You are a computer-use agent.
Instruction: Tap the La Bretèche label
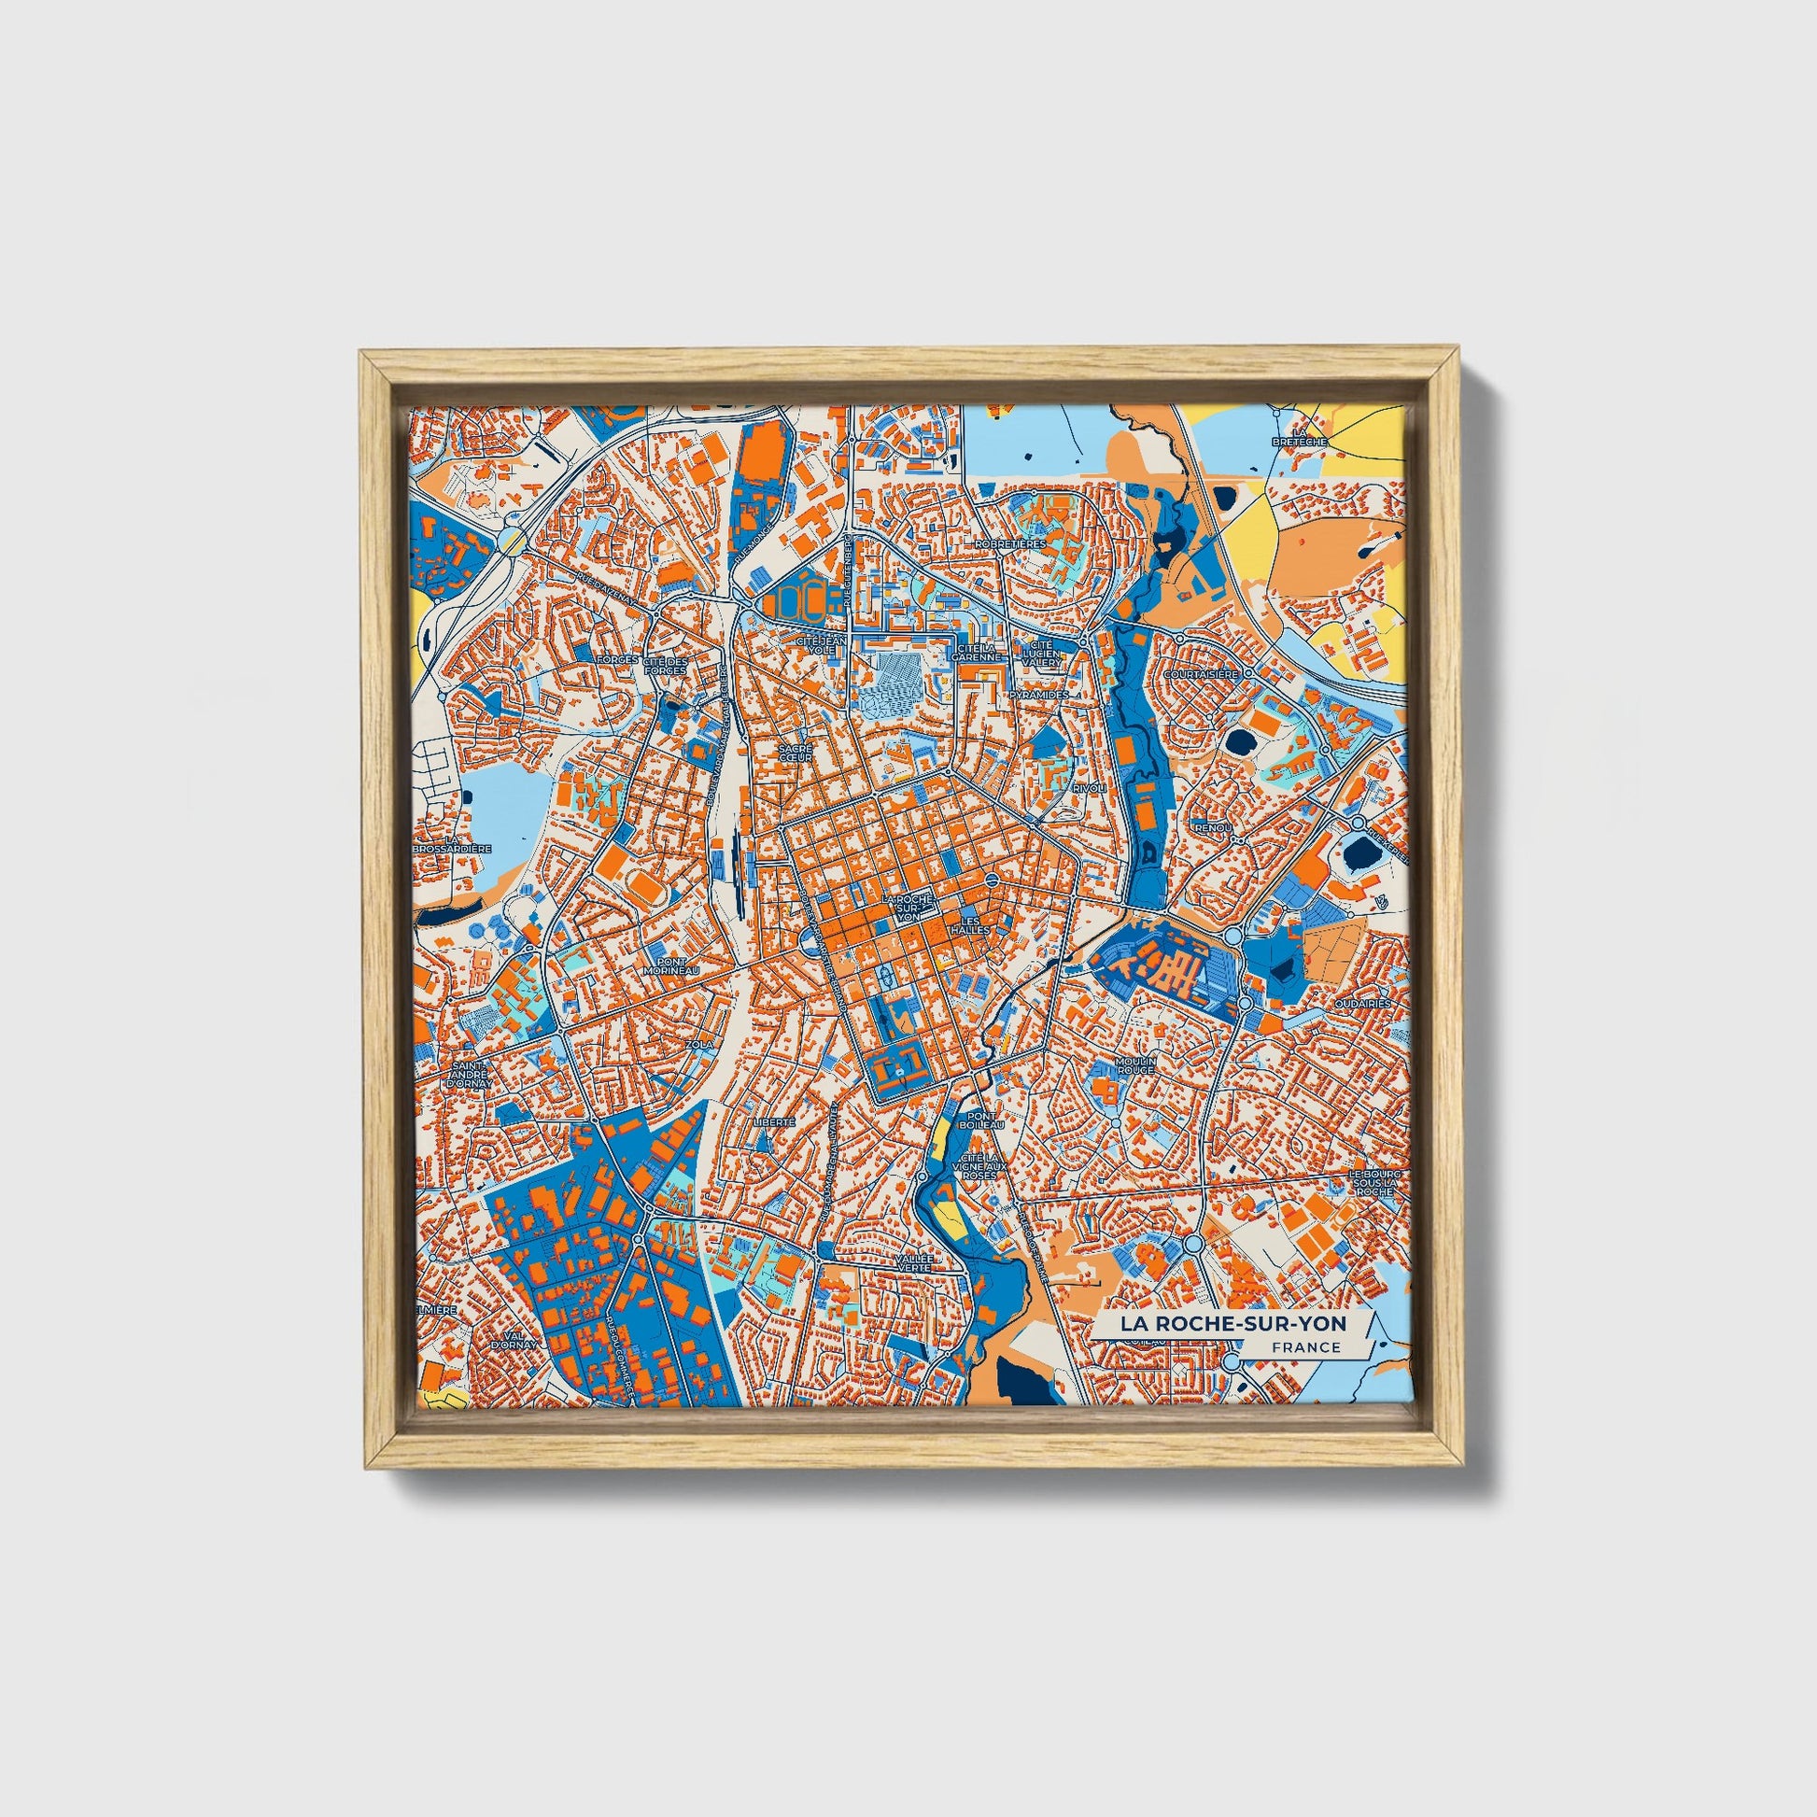click(1298, 435)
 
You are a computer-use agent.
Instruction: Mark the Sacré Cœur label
click(795, 753)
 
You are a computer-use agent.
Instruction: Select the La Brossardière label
click(453, 844)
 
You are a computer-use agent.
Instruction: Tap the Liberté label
click(774, 1122)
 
